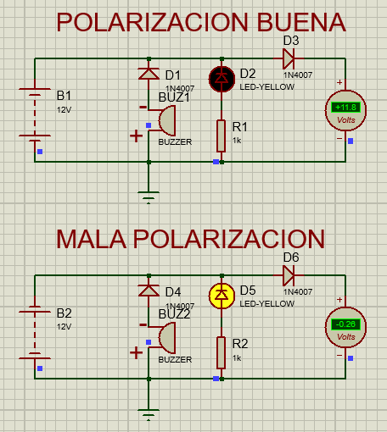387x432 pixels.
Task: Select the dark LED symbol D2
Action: [x=222, y=78]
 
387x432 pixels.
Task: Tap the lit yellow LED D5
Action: [x=222, y=295]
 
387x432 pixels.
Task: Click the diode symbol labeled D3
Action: [x=289, y=59]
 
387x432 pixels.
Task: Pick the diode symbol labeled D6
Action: [x=289, y=275]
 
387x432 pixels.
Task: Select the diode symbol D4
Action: [x=149, y=291]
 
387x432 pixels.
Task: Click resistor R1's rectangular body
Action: [x=222, y=134]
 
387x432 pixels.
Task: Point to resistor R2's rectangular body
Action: [x=222, y=352]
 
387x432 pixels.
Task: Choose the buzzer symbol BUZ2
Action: [x=162, y=339]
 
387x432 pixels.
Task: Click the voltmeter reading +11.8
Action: [x=345, y=108]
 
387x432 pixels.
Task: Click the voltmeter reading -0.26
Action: [x=345, y=324]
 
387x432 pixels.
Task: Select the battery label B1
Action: [x=64, y=95]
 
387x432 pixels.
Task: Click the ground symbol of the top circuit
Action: [x=149, y=199]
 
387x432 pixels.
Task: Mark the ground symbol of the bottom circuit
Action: [x=149, y=414]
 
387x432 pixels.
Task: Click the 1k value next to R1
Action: [x=238, y=140]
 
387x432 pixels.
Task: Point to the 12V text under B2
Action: [x=65, y=326]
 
